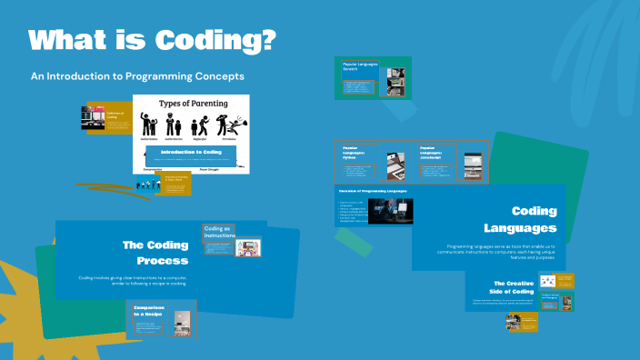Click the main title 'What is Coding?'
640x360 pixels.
pos(152,41)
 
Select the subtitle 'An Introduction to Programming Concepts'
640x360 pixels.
pos(137,76)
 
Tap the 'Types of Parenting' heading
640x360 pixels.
pos(191,104)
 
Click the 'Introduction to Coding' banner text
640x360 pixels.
pos(191,152)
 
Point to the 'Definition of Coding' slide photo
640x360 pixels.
pos(93,119)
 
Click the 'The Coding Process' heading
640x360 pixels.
pos(155,252)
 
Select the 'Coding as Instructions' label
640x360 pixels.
pos(218,233)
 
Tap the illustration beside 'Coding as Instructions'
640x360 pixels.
pos(247,247)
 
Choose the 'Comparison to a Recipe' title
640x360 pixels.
pos(148,312)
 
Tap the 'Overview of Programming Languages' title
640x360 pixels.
pos(372,191)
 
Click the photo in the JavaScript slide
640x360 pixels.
pos(472,165)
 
